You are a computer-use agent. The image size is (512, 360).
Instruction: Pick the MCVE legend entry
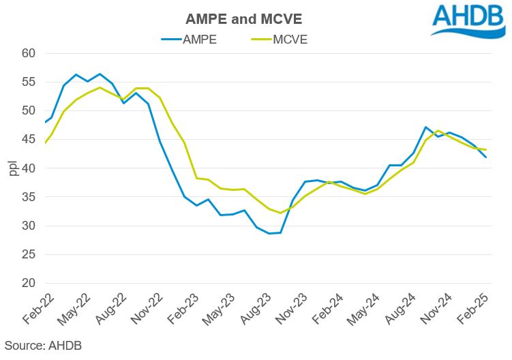point(288,39)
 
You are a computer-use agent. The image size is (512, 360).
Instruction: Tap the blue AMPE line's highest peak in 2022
point(100,74)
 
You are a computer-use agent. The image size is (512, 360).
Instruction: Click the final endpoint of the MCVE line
point(486,150)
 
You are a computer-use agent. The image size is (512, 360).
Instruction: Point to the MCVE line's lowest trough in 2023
point(281,213)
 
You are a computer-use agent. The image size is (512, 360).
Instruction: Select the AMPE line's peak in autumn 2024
point(426,127)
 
